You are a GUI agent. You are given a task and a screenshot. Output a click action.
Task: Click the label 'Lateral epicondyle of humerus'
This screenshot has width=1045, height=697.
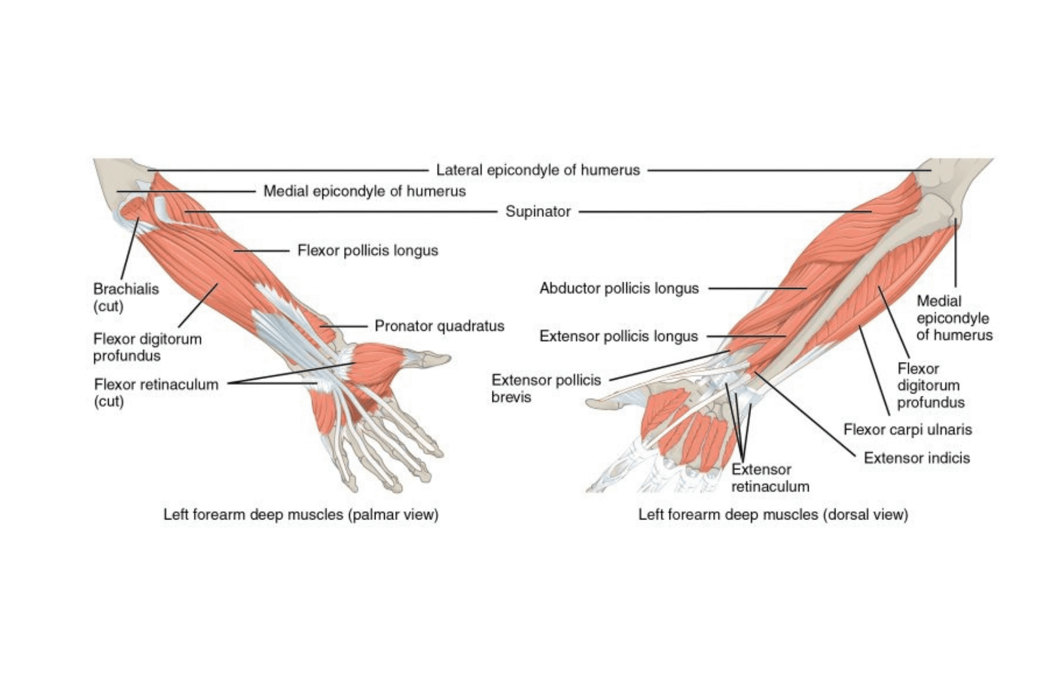[x=538, y=170]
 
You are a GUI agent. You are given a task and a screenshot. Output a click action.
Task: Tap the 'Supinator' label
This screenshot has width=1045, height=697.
[x=538, y=212]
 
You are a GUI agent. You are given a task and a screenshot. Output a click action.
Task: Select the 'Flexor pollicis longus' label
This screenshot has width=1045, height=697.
[x=368, y=251]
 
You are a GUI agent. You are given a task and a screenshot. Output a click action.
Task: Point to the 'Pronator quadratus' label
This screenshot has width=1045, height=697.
[x=440, y=326]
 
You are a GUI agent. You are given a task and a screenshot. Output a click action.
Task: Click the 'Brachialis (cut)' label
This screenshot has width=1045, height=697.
[x=126, y=298]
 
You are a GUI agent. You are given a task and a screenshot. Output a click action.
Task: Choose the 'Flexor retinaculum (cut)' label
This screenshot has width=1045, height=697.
[x=156, y=393]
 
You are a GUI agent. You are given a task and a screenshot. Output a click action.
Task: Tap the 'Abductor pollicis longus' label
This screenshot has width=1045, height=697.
[x=619, y=288]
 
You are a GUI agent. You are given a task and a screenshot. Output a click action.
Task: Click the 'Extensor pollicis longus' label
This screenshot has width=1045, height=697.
[x=619, y=336]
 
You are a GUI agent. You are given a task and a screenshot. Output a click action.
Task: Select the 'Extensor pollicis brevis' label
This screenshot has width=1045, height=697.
[x=546, y=388]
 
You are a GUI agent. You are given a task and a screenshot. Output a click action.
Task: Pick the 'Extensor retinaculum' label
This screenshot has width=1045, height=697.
[x=770, y=478]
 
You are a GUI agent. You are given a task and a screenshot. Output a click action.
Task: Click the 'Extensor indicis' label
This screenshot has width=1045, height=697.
[x=917, y=458]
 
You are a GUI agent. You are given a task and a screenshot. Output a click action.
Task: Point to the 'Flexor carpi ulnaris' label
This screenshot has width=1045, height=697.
[x=907, y=430]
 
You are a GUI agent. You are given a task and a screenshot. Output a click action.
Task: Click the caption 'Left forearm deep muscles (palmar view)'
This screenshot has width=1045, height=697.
[x=301, y=515]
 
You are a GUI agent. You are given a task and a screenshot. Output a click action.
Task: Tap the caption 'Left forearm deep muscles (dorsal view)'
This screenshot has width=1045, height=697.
[x=773, y=515]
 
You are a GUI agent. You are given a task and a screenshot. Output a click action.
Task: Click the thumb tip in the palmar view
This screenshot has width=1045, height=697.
[x=449, y=358]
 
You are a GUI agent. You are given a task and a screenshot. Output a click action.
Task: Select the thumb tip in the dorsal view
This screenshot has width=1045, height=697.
[x=588, y=403]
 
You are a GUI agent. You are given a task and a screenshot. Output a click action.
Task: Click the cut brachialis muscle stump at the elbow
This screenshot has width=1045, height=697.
[x=133, y=208]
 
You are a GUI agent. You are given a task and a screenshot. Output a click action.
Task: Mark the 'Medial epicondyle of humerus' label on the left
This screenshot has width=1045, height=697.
[x=364, y=191]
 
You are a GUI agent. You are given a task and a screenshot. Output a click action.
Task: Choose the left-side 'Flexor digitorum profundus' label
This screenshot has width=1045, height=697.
[x=148, y=347]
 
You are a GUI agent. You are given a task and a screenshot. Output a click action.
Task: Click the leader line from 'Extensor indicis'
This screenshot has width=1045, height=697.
[x=805, y=414]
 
